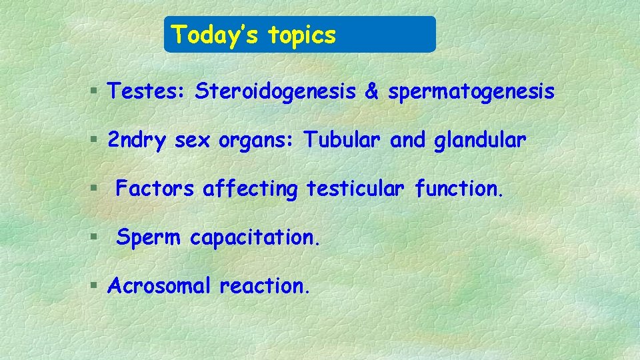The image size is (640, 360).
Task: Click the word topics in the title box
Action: pyautogui.click(x=302, y=36)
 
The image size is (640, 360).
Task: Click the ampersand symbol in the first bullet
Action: pyautogui.click(x=371, y=91)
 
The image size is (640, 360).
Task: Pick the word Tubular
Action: pyautogui.click(x=343, y=141)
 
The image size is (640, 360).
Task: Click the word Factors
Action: pyautogui.click(x=155, y=189)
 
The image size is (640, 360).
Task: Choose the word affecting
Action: pyautogui.click(x=250, y=190)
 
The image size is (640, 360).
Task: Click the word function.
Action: pyautogui.click(x=459, y=189)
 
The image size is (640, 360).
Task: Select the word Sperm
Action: pyautogui.click(x=149, y=238)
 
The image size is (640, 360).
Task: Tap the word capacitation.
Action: pyautogui.click(x=255, y=238)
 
